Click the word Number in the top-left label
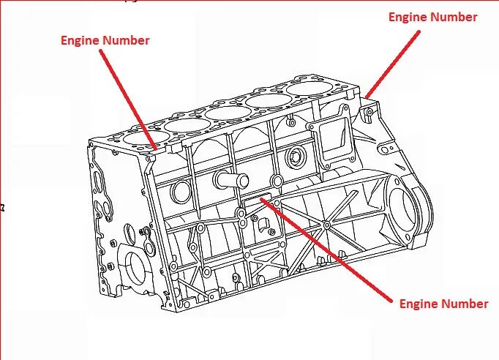pos(125,41)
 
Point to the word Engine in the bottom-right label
pos(419,304)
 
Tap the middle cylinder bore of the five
pos(225,113)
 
